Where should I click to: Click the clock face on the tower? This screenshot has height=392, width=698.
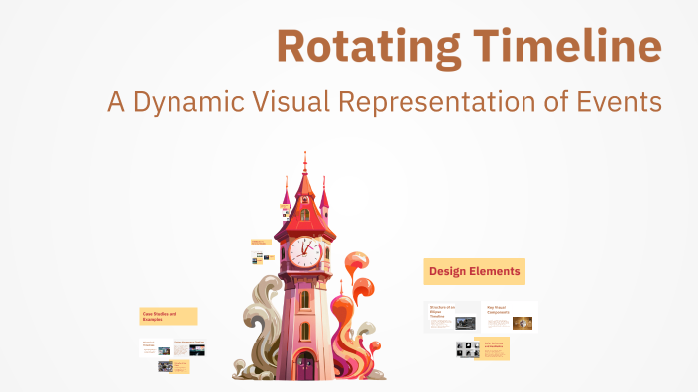305,251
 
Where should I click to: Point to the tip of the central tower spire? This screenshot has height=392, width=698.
304,155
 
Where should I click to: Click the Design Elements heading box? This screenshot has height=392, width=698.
474,270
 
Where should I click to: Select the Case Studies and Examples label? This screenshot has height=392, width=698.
168,316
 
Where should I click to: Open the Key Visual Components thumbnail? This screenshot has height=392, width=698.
510,317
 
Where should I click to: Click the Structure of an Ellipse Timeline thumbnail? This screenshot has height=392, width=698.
452,317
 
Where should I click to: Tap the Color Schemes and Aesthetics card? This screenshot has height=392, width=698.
493,348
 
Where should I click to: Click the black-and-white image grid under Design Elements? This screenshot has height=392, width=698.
465,349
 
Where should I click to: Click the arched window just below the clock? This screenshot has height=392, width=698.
305,298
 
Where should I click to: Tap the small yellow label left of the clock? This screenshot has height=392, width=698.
260,241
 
